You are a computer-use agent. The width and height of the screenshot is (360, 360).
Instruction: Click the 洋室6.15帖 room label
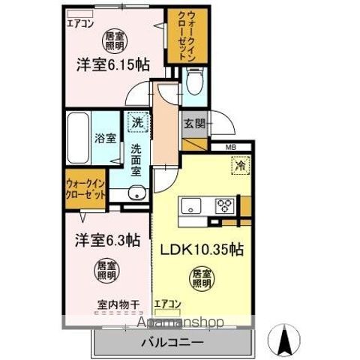click(112, 64)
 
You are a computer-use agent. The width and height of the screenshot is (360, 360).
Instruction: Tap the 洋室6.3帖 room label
click(106, 241)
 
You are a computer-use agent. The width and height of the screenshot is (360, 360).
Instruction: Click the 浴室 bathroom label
click(104, 139)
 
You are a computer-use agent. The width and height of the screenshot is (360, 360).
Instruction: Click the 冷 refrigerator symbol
click(241, 164)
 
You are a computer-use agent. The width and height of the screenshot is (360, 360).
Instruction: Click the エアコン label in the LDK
click(167, 304)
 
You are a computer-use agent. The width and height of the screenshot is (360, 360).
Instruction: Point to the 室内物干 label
click(118, 304)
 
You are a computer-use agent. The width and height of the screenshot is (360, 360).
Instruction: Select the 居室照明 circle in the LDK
click(200, 277)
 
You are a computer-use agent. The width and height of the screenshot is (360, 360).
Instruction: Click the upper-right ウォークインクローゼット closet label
click(182, 35)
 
